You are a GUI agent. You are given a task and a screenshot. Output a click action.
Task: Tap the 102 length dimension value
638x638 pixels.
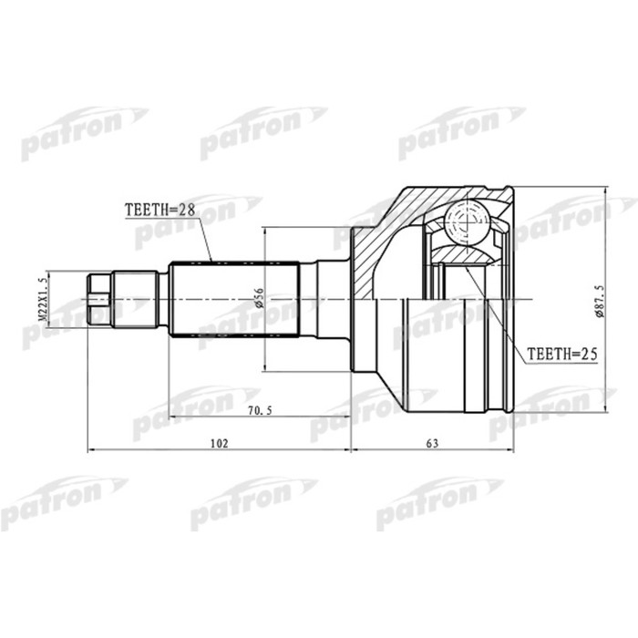tap(218, 444)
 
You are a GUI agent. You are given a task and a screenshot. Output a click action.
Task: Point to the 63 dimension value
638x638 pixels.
tap(432, 444)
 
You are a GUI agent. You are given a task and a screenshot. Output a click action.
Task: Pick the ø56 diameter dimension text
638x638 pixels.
tap(259, 297)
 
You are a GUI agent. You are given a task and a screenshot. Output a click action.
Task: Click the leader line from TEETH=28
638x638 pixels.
tap(201, 239)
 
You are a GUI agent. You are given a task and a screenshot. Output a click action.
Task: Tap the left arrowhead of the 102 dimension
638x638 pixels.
tap(91, 450)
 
